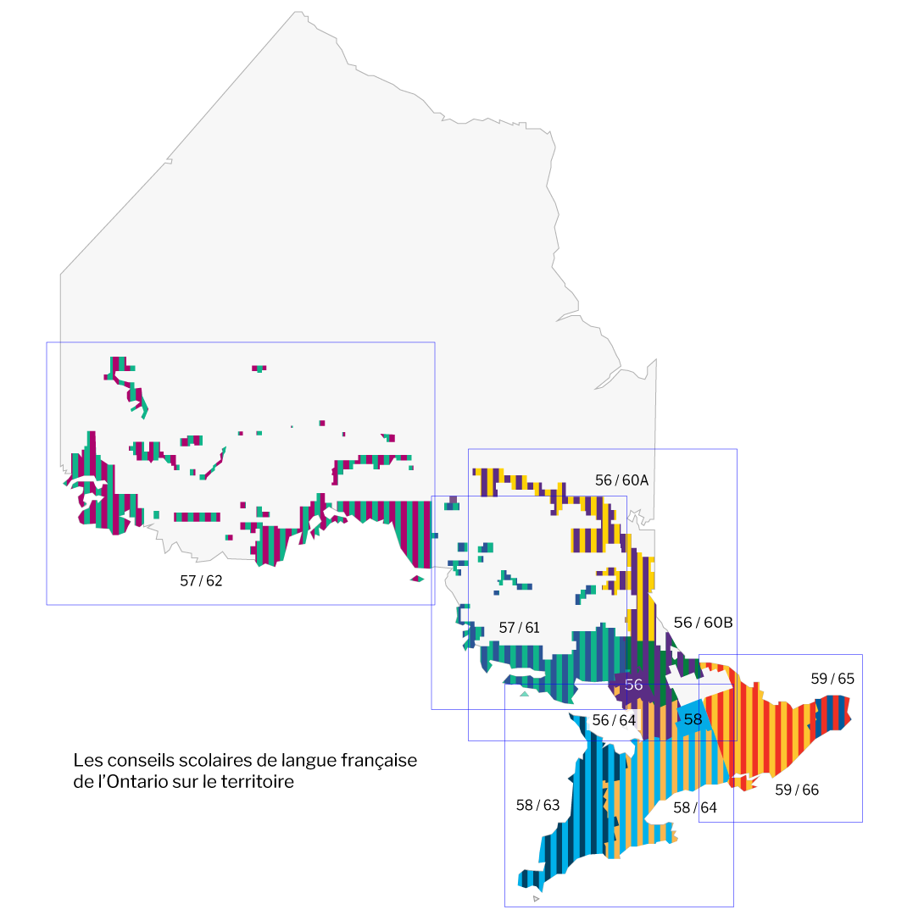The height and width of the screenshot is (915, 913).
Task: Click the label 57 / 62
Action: point(201,581)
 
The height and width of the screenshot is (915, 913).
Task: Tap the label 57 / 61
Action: point(519,628)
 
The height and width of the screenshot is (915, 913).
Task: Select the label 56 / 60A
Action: point(621,480)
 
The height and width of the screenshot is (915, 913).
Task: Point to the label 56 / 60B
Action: point(703,623)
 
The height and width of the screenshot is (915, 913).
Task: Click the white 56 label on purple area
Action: point(633,685)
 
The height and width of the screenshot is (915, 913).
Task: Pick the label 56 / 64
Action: point(614,720)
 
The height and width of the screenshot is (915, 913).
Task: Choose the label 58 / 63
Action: point(537,805)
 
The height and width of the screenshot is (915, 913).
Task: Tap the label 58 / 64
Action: point(694,808)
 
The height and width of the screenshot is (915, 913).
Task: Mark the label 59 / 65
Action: point(832,679)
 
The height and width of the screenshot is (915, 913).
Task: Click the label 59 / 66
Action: point(797,790)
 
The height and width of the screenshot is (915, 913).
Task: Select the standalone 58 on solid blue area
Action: point(693,719)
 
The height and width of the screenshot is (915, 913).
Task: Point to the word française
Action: point(379,761)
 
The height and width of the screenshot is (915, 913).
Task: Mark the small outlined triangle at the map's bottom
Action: point(536,898)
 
